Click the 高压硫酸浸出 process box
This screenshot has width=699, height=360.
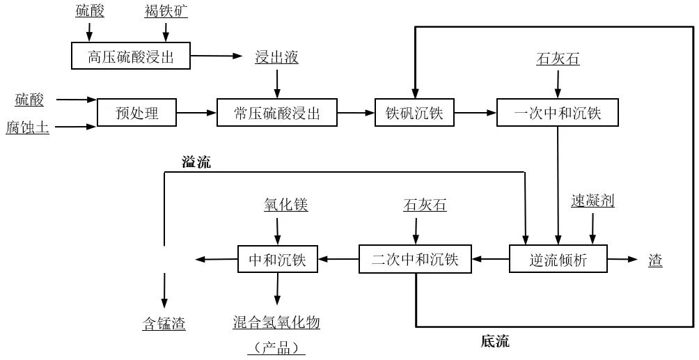click(131, 57)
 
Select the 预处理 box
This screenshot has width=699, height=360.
click(137, 111)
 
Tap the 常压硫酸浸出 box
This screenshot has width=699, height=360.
click(277, 111)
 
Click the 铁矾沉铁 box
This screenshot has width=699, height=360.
click(414, 111)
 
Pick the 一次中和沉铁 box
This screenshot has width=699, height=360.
click(557, 111)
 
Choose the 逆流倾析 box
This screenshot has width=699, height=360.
click(558, 260)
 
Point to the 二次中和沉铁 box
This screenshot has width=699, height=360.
click(415, 260)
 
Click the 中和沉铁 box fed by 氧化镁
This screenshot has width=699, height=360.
click(277, 260)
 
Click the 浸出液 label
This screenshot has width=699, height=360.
click(277, 57)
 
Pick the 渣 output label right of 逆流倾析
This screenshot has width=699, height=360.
click(655, 260)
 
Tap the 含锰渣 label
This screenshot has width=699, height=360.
click(164, 323)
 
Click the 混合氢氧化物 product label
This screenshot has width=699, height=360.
click(276, 323)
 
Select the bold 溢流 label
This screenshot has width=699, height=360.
click(196, 163)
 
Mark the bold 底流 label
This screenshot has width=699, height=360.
click(495, 341)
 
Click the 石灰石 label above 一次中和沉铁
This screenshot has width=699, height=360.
click(557, 59)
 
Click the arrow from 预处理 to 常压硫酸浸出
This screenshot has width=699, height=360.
click(197, 111)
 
